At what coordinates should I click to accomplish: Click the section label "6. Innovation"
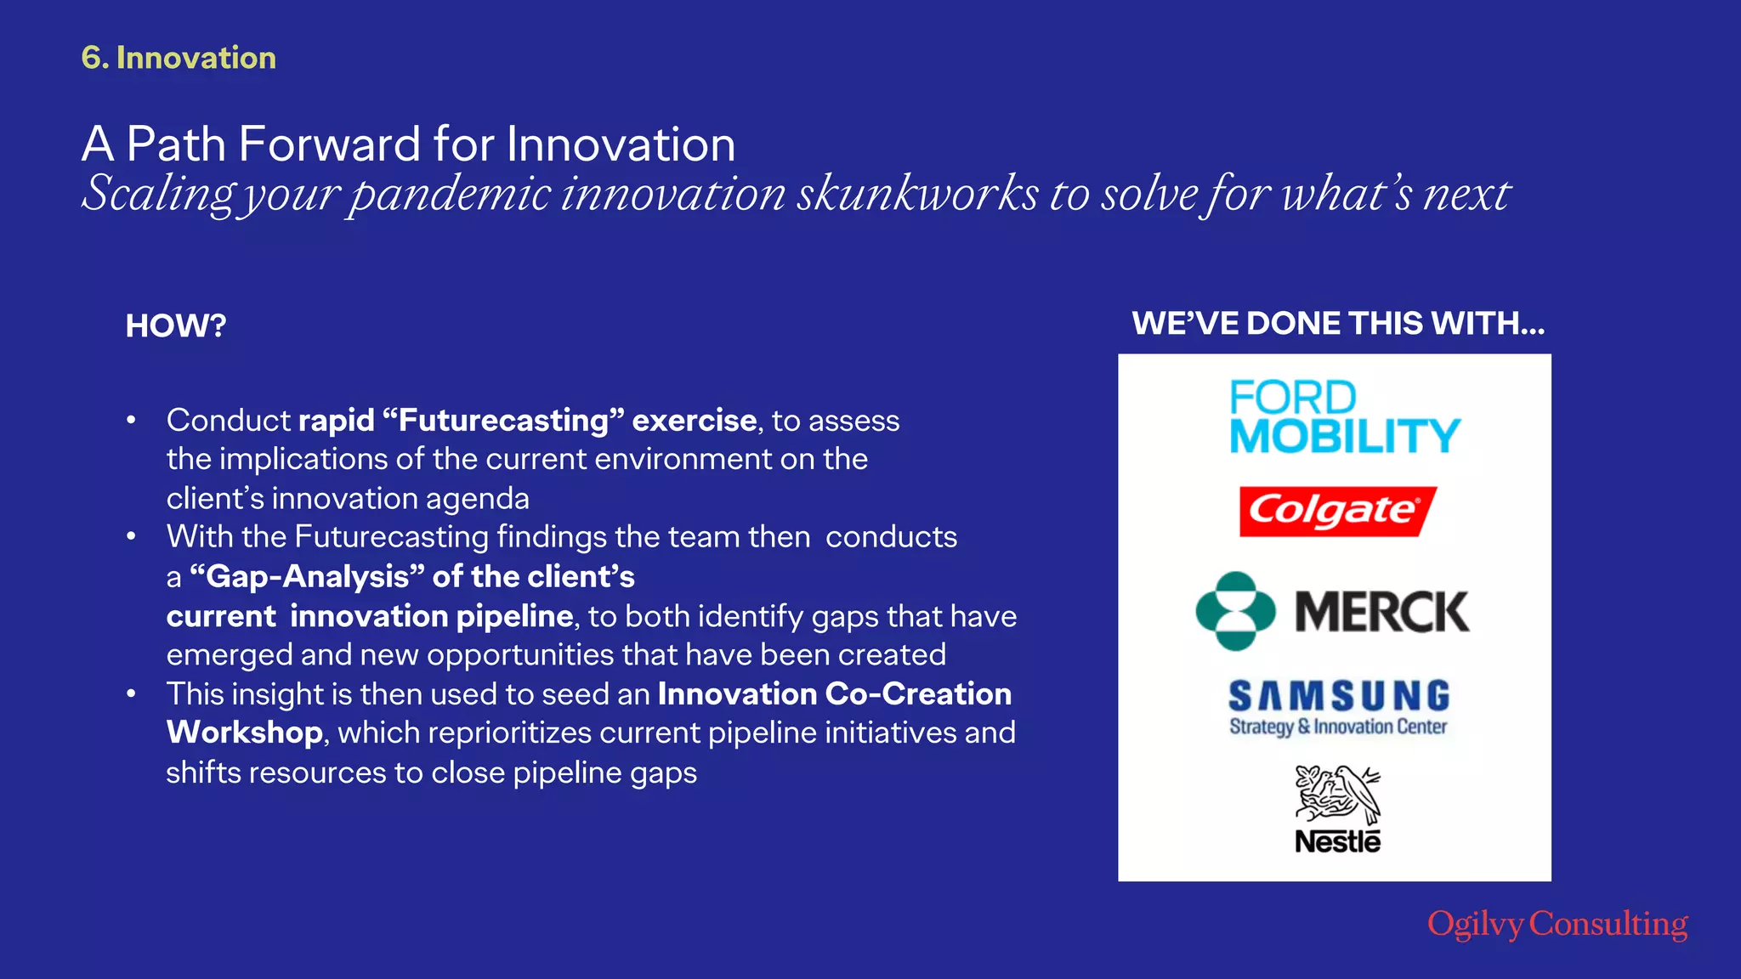179,58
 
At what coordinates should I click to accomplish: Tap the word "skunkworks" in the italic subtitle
917,194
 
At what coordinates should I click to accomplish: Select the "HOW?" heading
176,325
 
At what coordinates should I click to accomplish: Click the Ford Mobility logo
1343,417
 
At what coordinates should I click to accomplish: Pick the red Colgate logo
1336,511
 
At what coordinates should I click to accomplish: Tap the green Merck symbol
1235,611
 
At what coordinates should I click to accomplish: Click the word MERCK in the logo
1381,612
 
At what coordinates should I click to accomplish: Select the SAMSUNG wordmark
1339,696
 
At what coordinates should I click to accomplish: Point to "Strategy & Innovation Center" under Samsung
1338,727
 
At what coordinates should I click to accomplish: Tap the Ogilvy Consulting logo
1557,924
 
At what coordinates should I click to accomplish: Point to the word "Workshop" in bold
244,733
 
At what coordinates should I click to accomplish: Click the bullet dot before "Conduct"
131,421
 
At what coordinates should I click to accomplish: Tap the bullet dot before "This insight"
131,694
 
